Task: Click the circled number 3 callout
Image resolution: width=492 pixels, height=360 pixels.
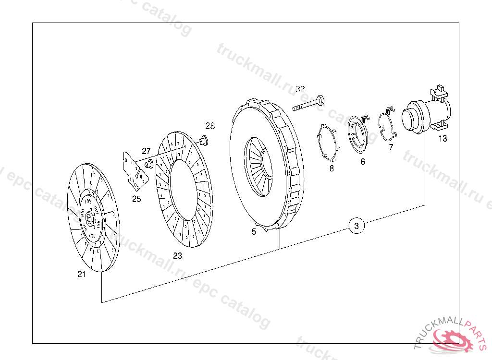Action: pos(357,226)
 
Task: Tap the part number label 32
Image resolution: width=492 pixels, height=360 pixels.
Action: pos(300,89)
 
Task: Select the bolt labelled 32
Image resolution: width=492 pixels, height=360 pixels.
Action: pos(308,104)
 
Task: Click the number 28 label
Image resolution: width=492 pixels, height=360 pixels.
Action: pos(210,126)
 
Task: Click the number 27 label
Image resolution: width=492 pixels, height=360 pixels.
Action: pos(146,151)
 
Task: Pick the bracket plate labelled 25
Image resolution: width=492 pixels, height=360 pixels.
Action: pos(135,172)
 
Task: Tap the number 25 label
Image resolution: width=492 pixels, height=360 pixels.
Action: pos(136,199)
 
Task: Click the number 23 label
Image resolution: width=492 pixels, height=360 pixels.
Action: pos(178,256)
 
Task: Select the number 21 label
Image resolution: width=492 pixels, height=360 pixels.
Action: pos(82,274)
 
